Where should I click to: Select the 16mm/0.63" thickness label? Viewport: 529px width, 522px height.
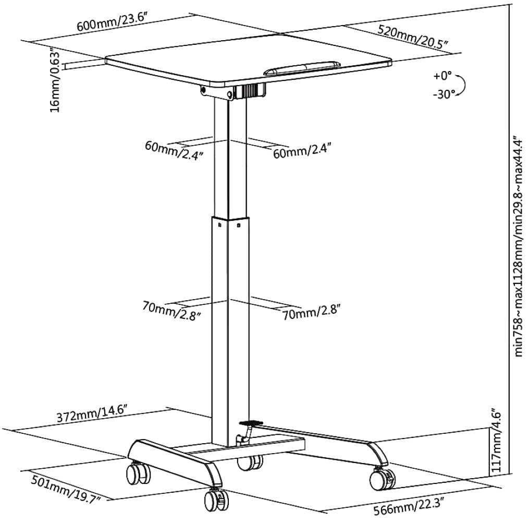56,80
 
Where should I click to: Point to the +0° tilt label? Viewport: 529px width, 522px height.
442,76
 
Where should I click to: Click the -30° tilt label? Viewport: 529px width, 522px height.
444,94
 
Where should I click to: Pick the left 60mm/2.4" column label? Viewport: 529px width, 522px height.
174,150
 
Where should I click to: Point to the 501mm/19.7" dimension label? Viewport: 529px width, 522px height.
66,489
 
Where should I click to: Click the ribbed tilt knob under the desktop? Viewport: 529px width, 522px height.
250,91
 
